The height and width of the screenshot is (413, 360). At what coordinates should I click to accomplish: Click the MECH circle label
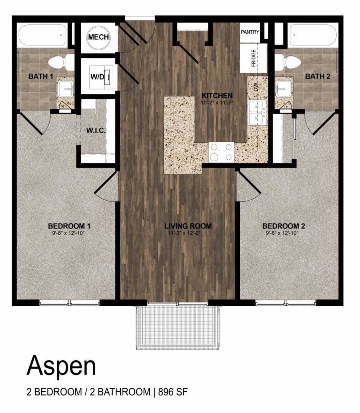[99, 37]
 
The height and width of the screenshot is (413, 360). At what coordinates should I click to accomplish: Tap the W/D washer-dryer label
[97, 77]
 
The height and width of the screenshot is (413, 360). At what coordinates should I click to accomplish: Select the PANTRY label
[250, 32]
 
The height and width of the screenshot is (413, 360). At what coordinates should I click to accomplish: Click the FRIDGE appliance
[253, 58]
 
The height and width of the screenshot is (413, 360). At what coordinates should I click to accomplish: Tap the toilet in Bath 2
[288, 62]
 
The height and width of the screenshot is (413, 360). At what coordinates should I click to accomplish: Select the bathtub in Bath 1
[42, 35]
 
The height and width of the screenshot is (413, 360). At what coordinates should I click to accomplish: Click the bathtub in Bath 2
[313, 35]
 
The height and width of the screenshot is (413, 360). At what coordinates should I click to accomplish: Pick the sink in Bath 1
[66, 89]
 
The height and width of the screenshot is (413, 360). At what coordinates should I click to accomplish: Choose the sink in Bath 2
[284, 89]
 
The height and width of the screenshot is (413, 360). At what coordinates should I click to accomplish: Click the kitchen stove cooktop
[221, 152]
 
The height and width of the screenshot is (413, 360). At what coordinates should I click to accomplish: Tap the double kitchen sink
[257, 113]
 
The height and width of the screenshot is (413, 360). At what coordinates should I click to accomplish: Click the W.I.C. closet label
[96, 130]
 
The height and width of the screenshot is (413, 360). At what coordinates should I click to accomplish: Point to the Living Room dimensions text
[184, 233]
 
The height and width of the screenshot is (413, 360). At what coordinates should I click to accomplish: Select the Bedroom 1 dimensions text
[68, 233]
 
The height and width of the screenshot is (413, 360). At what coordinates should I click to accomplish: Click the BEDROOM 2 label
[284, 226]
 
